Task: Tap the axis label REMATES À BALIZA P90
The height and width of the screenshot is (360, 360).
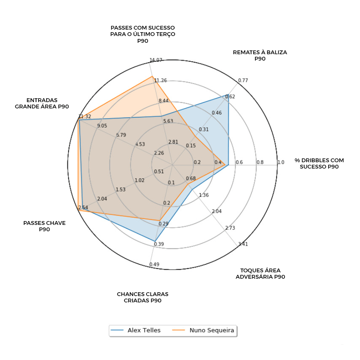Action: point(260,55)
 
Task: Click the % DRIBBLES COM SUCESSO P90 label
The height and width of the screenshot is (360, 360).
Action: point(319,163)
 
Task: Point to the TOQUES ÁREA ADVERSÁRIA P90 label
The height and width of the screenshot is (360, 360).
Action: point(260,274)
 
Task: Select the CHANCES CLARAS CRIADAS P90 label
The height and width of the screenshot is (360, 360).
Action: point(143,297)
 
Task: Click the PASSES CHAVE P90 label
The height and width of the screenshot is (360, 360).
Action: point(44,226)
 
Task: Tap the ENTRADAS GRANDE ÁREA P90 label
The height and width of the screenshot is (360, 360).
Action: point(42,103)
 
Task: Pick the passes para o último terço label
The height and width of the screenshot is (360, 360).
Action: point(143,34)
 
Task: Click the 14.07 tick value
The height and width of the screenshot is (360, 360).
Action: point(156,60)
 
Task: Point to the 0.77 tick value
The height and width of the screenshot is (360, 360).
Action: point(243,80)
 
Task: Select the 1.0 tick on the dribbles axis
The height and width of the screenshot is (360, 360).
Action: point(281,162)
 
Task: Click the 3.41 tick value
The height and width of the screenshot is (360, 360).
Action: point(243,244)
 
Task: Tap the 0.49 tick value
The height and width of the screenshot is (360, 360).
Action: point(154,265)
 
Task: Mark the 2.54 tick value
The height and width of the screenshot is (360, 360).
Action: point(83,208)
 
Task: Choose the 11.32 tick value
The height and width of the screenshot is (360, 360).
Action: point(85,116)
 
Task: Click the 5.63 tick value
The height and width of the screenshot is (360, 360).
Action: point(168,121)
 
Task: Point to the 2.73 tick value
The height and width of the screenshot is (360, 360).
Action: point(230,228)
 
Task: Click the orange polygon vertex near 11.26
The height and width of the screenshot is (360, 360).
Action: point(152,76)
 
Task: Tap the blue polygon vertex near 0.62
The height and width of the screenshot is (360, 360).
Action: point(228,94)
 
